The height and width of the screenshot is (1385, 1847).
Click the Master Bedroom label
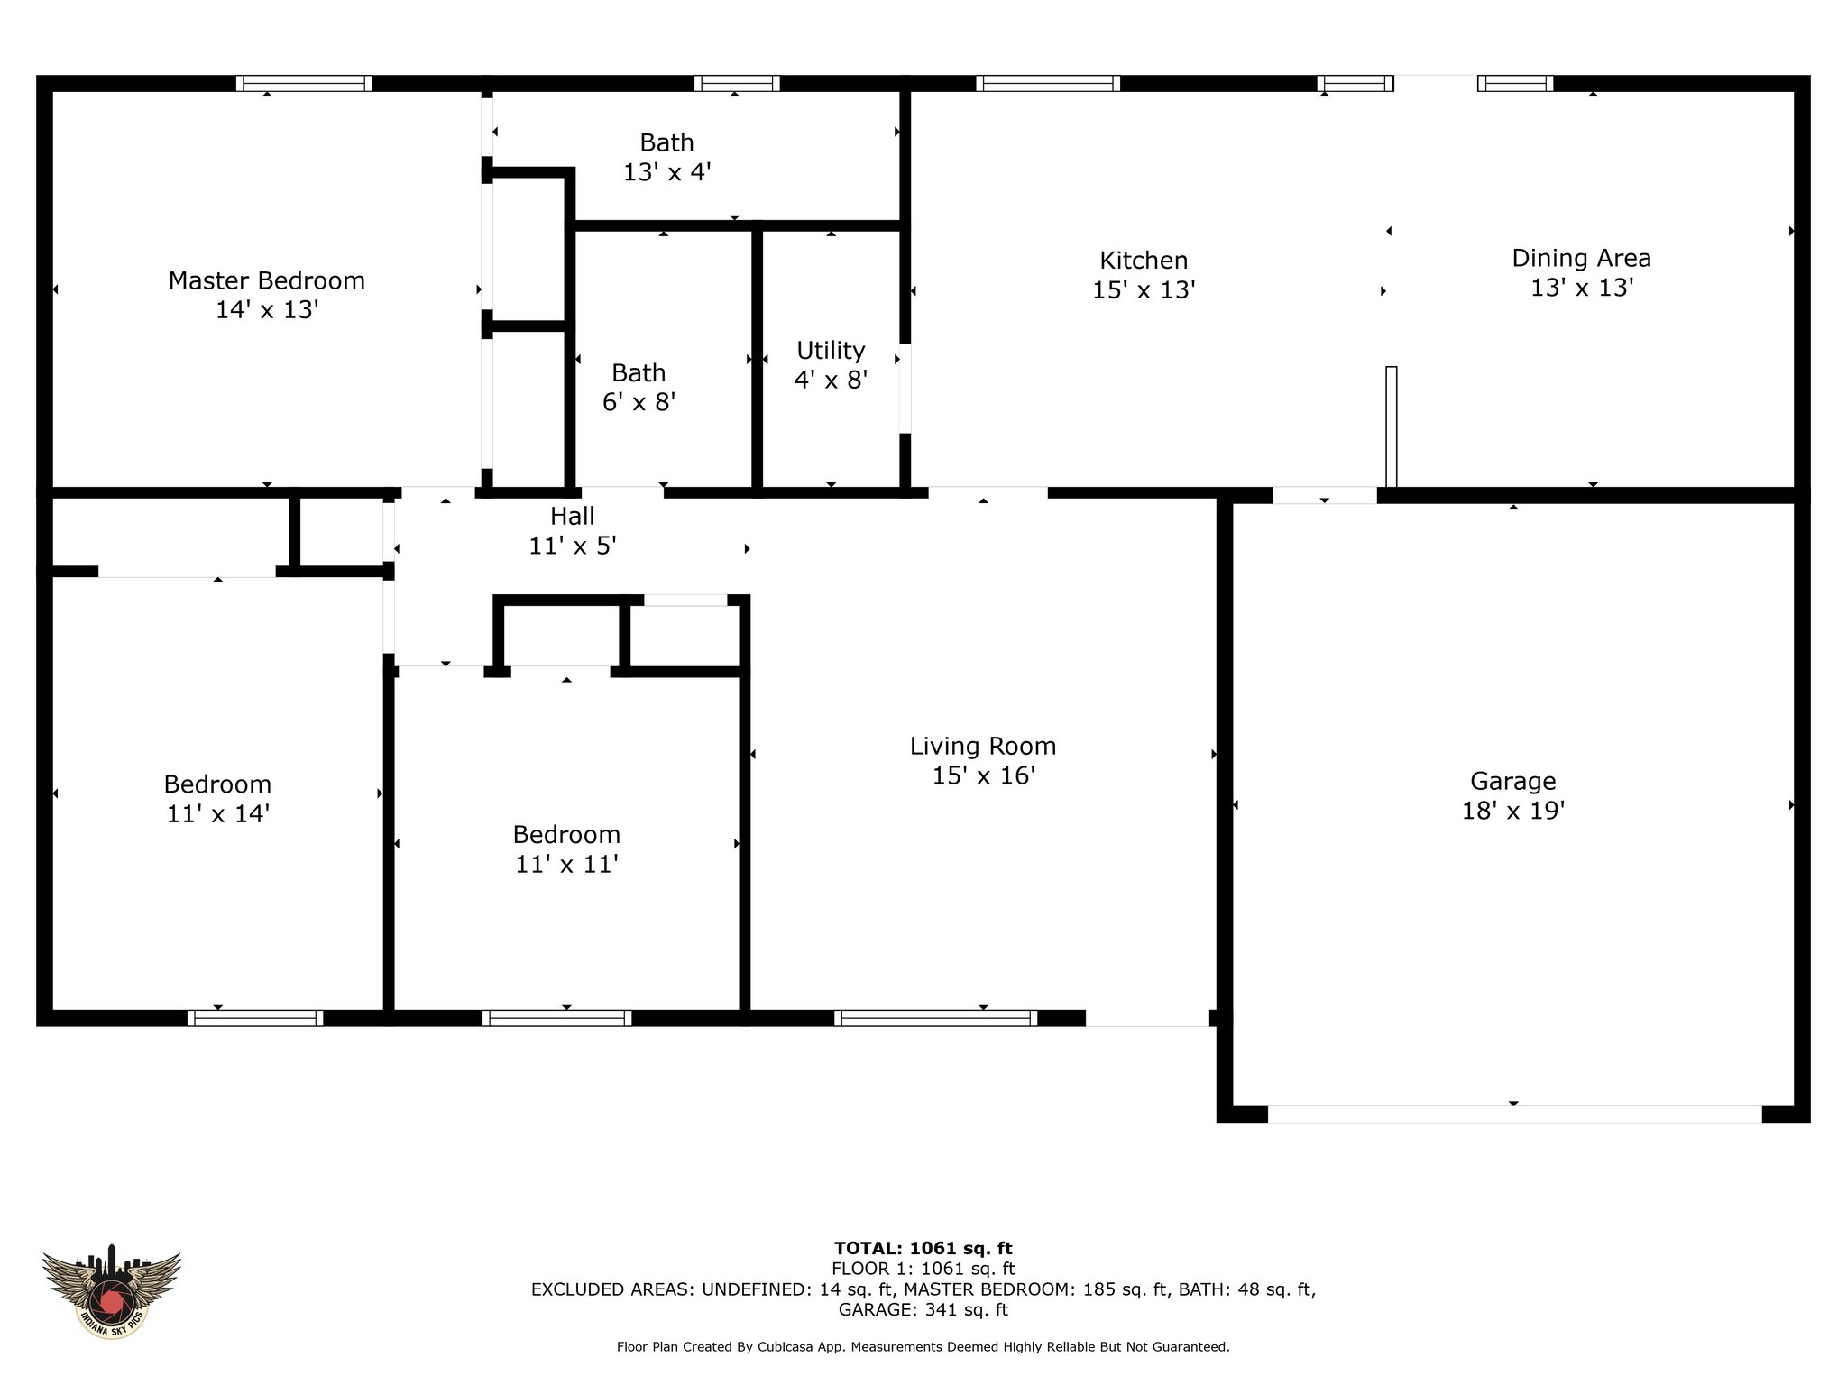pos(267,280)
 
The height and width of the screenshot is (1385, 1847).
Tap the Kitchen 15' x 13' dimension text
pos(1144,290)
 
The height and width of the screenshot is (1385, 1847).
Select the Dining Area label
pos(1582,258)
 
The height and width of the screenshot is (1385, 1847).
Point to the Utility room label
pos(831,350)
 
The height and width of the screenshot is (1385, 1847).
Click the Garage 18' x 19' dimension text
pos(1513,811)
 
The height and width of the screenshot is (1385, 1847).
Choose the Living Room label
pos(983,746)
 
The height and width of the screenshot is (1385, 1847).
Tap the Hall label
pos(573,516)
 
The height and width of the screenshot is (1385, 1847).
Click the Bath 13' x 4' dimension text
pos(667,172)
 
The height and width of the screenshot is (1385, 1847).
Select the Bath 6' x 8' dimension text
pos(639,402)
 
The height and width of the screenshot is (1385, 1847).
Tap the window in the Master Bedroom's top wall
pos(304,84)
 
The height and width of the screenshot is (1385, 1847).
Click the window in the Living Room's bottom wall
pos(935,1018)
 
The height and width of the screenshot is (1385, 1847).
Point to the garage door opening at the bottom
pos(1514,1114)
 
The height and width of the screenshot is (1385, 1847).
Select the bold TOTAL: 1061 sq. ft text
pos(923,1248)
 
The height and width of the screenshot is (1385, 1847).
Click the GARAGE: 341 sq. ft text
pos(923,1309)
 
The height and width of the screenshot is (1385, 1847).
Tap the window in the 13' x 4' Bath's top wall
pos(737,84)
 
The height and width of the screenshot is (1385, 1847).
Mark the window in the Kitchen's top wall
pos(1048,84)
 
